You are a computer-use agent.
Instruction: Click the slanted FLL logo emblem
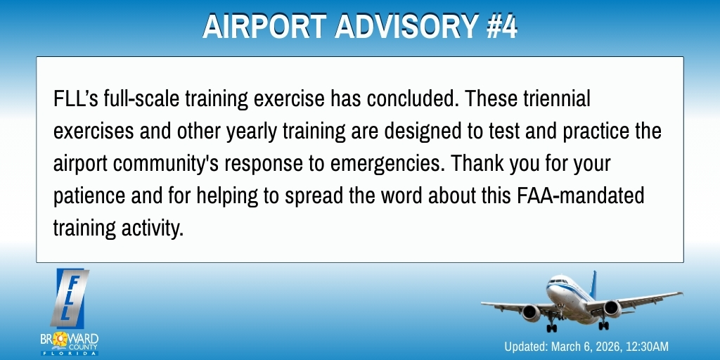pos(70,295)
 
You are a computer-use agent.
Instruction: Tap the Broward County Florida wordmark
pos(70,344)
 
